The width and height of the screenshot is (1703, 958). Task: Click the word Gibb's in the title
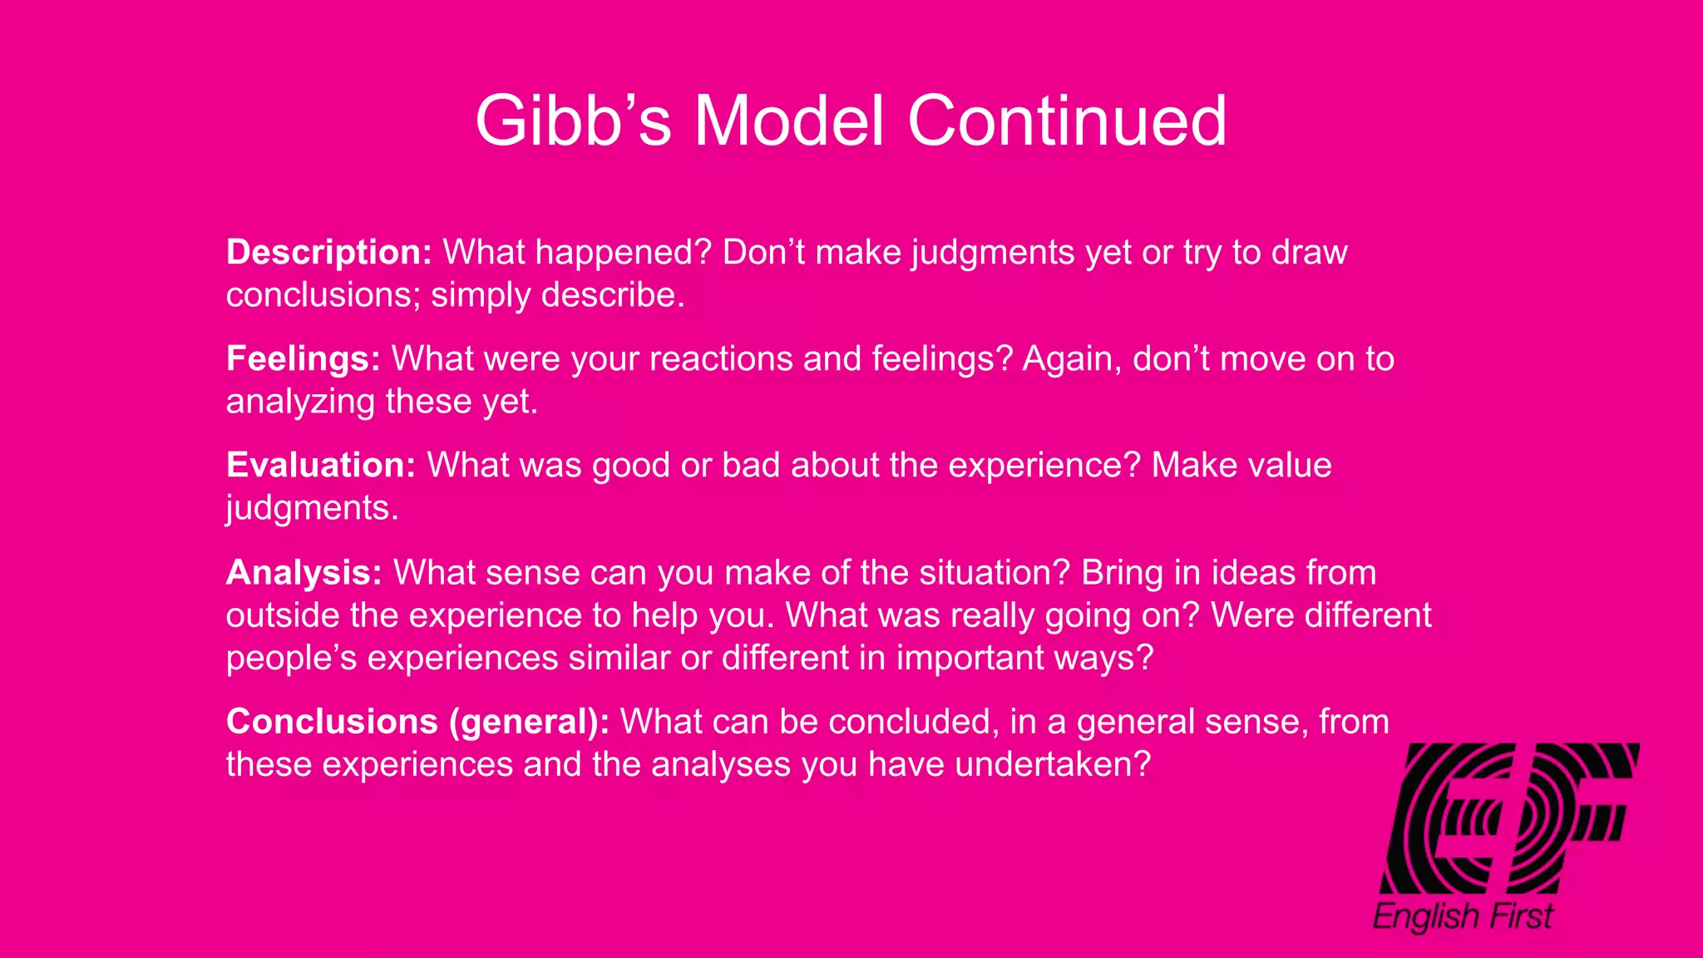click(573, 121)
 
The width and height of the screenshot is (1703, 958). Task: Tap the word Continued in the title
click(1067, 121)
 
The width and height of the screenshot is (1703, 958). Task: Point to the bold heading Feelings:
click(304, 359)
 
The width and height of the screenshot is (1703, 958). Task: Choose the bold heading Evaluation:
click(321, 466)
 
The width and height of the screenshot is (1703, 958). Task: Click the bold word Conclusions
click(332, 722)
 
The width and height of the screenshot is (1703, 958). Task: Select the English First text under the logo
click(1463, 916)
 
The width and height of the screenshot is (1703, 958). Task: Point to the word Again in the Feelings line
click(1072, 359)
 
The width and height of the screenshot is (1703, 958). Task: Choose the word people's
click(291, 659)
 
